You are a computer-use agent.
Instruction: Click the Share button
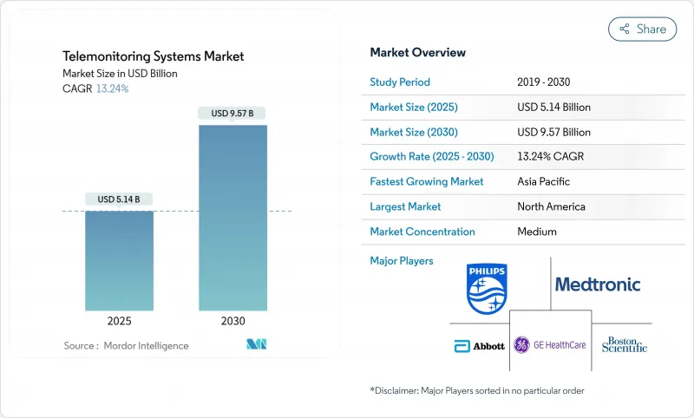[643, 29]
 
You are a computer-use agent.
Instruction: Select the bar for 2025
[120, 260]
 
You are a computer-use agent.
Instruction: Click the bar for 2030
[232, 217]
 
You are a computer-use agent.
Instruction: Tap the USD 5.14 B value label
[120, 199]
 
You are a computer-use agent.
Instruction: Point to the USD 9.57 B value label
[232, 114]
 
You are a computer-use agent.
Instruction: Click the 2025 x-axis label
[120, 321]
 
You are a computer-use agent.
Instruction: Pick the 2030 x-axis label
[232, 321]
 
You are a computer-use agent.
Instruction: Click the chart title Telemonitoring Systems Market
[154, 56]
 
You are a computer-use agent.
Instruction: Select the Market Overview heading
[417, 53]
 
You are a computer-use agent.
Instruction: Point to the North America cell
[551, 207]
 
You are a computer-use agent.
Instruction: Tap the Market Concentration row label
[422, 232]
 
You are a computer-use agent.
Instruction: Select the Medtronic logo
[598, 284]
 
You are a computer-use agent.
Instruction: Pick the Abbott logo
[479, 345]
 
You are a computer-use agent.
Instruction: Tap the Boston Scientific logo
[625, 345]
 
